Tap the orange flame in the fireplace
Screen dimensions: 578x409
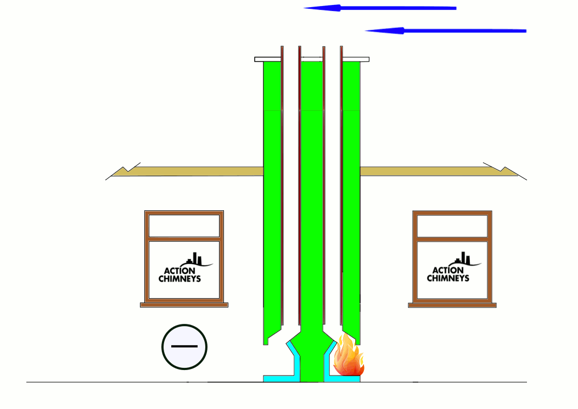347,358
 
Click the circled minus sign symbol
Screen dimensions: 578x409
184,347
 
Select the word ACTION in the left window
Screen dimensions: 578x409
179,271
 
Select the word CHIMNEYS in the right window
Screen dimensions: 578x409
448,278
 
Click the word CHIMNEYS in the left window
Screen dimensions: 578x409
179,279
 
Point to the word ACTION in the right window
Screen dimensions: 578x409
448,270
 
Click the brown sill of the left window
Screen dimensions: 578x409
184,305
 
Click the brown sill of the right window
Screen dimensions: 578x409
452,305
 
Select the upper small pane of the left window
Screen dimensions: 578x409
184,226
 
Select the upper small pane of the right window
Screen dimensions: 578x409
452,226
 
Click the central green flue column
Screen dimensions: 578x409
311,220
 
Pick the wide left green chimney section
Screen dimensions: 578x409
272,220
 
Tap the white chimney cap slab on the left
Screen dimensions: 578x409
267,59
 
